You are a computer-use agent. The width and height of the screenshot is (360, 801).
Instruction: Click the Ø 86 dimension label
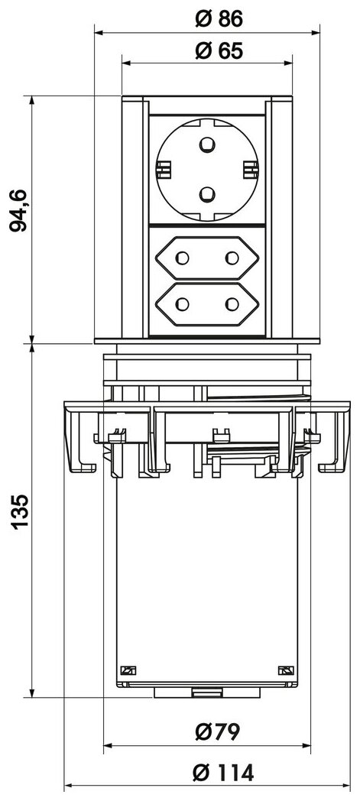219,19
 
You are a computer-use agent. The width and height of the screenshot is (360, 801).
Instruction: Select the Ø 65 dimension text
219,50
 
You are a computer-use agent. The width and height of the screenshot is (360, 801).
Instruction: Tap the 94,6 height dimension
19,209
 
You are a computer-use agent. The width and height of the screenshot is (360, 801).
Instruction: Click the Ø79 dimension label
217,732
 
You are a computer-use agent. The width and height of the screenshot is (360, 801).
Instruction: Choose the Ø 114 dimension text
222,773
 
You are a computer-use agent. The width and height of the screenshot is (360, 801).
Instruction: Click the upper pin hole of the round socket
207,145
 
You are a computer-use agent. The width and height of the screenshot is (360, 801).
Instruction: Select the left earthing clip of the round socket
162,170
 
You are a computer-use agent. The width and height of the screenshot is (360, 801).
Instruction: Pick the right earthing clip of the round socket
251,170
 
